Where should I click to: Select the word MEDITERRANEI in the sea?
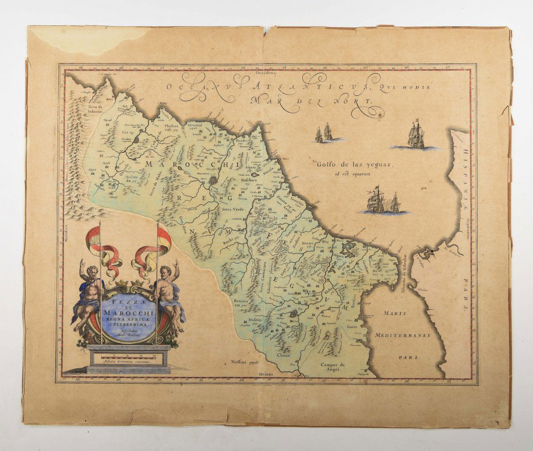pos(399,335)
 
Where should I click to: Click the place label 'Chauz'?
pos(283,356)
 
